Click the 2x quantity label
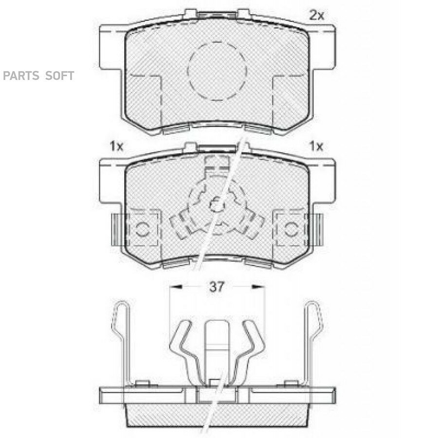316,15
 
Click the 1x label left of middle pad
116,146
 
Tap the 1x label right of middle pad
316,146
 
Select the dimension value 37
217,287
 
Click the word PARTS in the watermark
21,76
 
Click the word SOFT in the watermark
59,76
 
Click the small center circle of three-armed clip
217,205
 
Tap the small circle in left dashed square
143,230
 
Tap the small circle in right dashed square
292,230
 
